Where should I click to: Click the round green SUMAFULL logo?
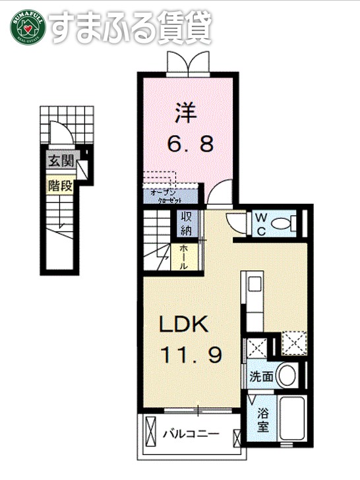(x=27, y=27)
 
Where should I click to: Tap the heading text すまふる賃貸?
(x=131, y=27)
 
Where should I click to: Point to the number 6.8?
(x=189, y=144)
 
